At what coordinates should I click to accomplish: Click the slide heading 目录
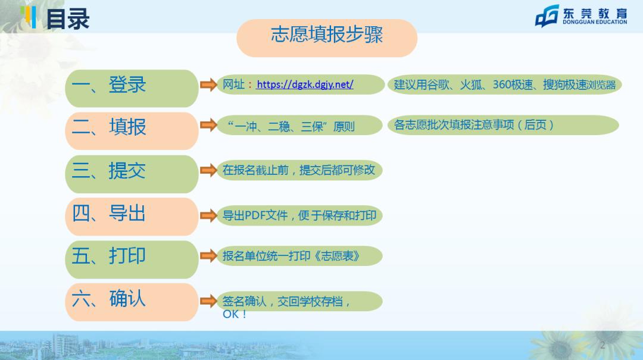(x=68, y=19)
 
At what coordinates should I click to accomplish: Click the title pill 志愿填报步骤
(x=327, y=37)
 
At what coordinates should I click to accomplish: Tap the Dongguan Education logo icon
(x=547, y=17)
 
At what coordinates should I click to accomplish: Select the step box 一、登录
(x=132, y=88)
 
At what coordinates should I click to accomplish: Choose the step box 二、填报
(x=132, y=131)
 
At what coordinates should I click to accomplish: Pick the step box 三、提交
(x=132, y=174)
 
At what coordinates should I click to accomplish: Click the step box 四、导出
(x=132, y=217)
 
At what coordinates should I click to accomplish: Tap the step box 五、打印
(x=132, y=259)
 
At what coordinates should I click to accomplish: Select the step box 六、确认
(x=132, y=302)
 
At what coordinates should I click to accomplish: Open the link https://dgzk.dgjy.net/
(x=305, y=84)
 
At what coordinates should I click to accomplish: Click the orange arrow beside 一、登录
(x=208, y=85)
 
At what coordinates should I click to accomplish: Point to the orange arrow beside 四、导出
(x=208, y=215)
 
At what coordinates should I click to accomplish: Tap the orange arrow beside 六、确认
(x=208, y=301)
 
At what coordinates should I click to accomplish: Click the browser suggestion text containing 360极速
(x=504, y=84)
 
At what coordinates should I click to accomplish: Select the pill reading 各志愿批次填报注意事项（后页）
(x=503, y=124)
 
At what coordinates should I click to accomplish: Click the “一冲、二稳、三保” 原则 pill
(x=299, y=125)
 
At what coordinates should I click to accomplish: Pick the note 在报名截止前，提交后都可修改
(x=298, y=170)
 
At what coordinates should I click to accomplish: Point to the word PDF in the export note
(x=255, y=215)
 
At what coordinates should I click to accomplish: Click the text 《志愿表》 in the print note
(x=337, y=256)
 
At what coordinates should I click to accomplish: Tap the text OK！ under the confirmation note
(x=235, y=314)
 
